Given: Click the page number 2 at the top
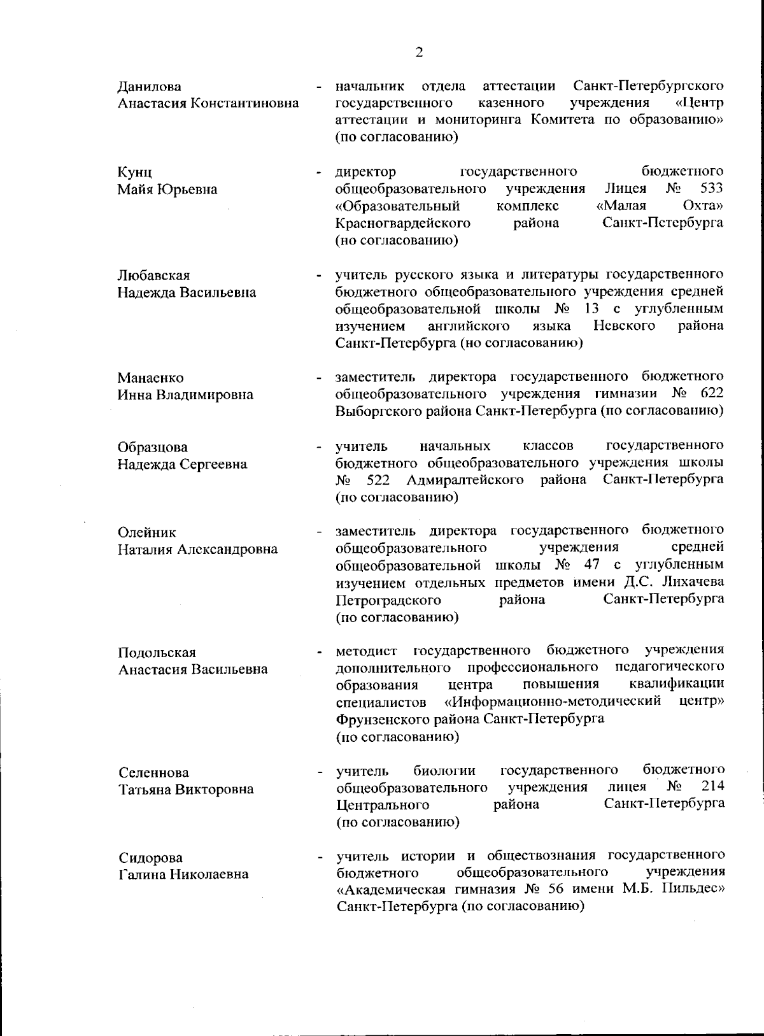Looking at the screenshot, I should pos(419,53).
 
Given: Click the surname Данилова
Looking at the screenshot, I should pos(150,87).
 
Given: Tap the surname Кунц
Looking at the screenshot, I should pos(135,173).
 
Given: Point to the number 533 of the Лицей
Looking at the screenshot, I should pos(711,188).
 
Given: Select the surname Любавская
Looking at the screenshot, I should pos(154,276).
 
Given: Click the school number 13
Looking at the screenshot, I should pos(590,309).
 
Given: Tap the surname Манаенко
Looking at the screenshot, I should pos(151,378).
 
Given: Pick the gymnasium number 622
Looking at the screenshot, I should pos(711,394).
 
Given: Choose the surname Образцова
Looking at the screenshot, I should pos(153,448).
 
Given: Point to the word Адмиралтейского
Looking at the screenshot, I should pos(465,479).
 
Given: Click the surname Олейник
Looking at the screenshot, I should pos(147,532).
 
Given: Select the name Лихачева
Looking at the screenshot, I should pos(693,582).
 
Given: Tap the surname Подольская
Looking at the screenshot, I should pos(157,653).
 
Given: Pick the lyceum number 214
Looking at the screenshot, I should pos(712,786).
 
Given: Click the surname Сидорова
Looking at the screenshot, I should pos(150,858).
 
